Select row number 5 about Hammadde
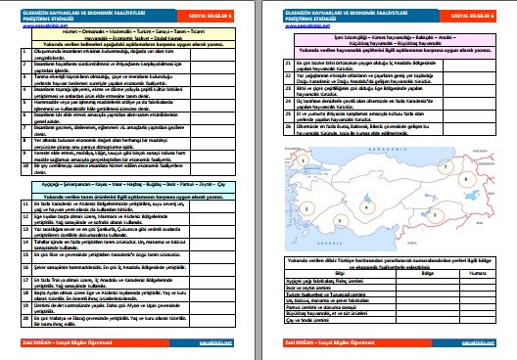pyautogui.click(x=13, y=119)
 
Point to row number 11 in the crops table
pyautogui.click(x=14, y=202)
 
